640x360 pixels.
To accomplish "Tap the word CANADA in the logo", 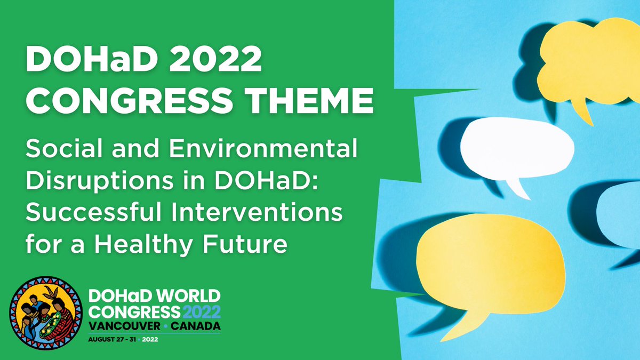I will pyautogui.click(x=194, y=325).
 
